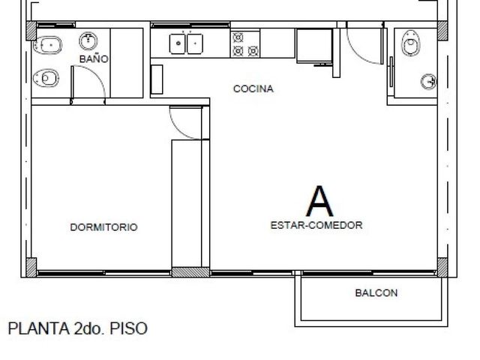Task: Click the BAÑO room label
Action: [x=94, y=58]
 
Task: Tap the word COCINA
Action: [x=253, y=88]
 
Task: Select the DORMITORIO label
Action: [x=103, y=227]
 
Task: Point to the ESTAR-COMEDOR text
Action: [x=316, y=225]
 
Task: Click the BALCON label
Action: [x=376, y=293]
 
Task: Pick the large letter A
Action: [x=319, y=201]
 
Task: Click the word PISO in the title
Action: [x=128, y=328]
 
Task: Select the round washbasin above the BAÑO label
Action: [x=88, y=41]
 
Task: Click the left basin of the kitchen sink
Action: [x=178, y=43]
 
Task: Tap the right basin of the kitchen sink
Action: [x=195, y=43]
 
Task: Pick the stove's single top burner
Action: [x=238, y=37]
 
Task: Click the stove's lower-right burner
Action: [x=253, y=51]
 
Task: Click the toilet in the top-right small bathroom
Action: [x=410, y=43]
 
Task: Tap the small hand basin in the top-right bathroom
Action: [x=429, y=82]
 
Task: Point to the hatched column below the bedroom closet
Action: [x=190, y=272]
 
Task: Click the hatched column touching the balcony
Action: [x=442, y=267]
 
